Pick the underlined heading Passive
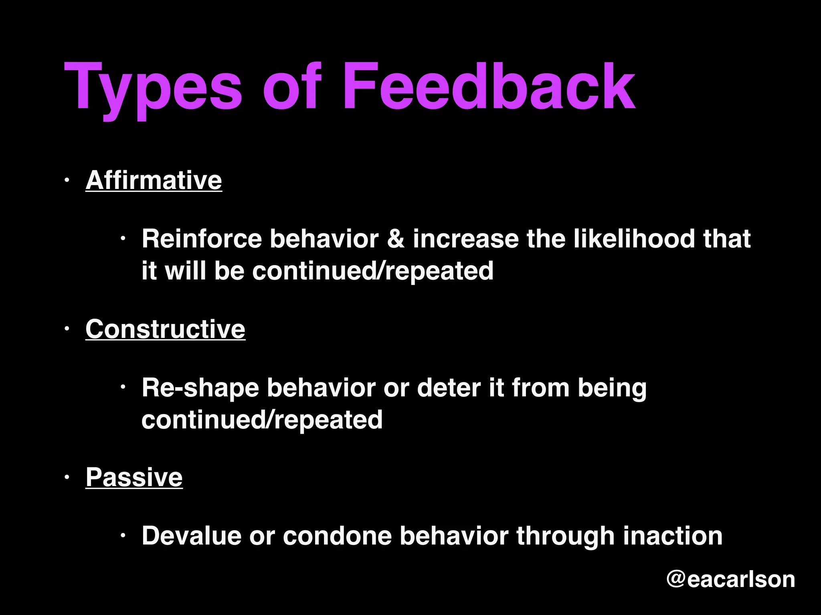point(134,477)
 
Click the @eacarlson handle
point(730,579)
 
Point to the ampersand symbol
point(396,239)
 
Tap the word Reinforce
point(201,239)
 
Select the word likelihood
point(633,239)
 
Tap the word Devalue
point(191,536)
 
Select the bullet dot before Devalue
point(123,536)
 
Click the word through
point(565,536)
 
